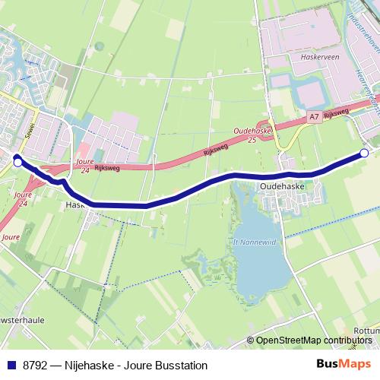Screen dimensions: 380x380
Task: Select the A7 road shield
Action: tap(314, 117)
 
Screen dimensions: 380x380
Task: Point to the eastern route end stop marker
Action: tap(364, 154)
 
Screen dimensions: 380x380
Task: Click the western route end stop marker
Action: tap(17, 161)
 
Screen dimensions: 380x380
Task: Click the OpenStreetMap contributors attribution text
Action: tap(313, 340)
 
